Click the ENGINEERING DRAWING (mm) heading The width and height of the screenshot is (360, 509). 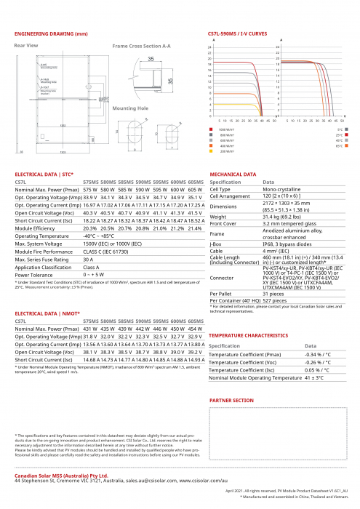point(51,34)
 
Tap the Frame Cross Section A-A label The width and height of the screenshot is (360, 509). point(142,46)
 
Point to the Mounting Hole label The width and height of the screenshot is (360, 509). point(130,107)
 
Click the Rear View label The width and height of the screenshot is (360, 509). point(26,45)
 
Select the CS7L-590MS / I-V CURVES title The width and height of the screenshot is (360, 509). point(238,34)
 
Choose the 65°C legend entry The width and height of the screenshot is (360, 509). point(339,146)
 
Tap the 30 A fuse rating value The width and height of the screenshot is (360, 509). point(89,259)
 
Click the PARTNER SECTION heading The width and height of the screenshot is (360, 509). point(231,400)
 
